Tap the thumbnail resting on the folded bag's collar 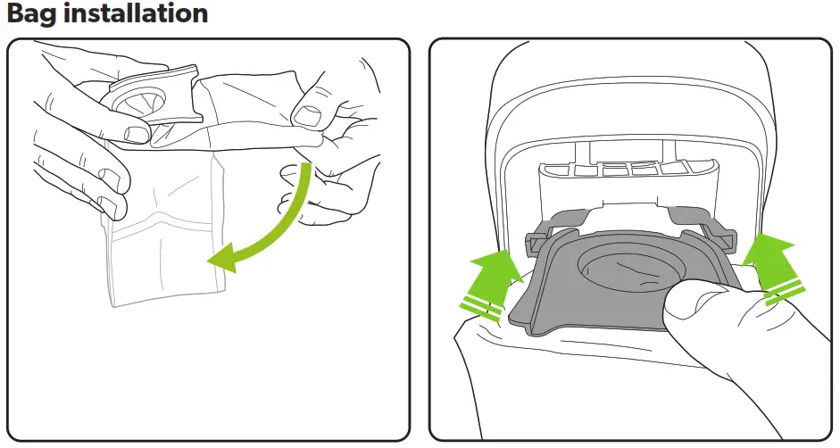[137, 134]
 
